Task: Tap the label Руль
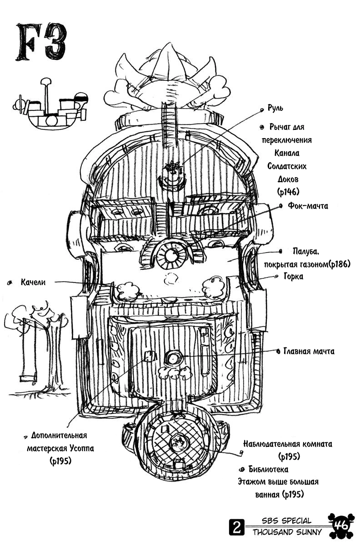point(275,108)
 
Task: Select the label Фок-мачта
point(308,206)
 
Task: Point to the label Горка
point(294,277)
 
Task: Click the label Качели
point(33,282)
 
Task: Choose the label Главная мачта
point(309,351)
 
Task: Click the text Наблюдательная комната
point(288,444)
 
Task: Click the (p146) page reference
point(288,193)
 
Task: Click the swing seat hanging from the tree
point(28,378)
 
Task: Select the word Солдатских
point(287,166)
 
